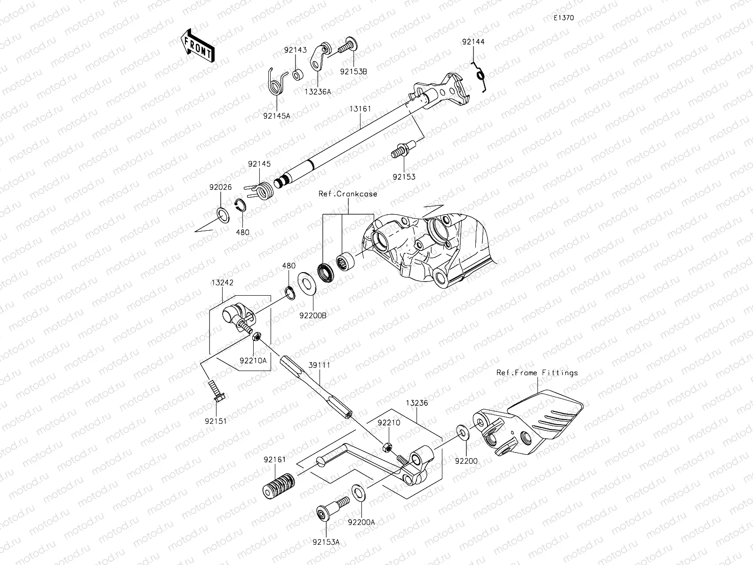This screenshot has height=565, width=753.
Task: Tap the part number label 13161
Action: pyautogui.click(x=360, y=109)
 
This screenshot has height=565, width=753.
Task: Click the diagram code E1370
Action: pyautogui.click(x=563, y=18)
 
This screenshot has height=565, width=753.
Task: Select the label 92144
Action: pyautogui.click(x=473, y=42)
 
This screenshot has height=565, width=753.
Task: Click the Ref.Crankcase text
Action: pyautogui.click(x=348, y=194)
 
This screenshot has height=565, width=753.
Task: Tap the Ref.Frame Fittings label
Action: pyautogui.click(x=537, y=372)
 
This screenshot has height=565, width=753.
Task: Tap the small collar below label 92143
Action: pyautogui.click(x=297, y=75)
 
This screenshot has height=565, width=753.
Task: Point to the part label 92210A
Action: pyautogui.click(x=253, y=360)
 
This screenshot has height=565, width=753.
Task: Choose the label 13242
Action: pyautogui.click(x=223, y=282)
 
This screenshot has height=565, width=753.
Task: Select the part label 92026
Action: pyautogui.click(x=221, y=187)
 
